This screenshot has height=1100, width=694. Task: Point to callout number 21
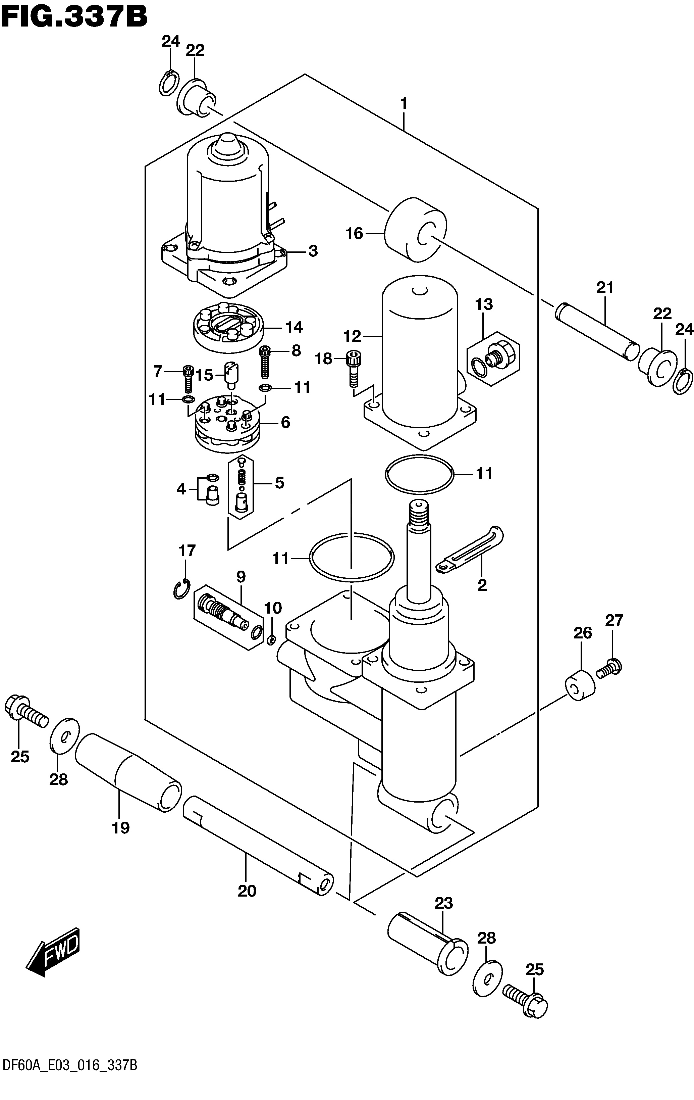pyautogui.click(x=605, y=288)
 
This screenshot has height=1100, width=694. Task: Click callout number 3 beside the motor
pyautogui.click(x=313, y=251)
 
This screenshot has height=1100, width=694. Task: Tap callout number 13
pyautogui.click(x=484, y=304)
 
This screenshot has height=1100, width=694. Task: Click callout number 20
pyautogui.click(x=247, y=891)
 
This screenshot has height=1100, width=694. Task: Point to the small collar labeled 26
pyautogui.click(x=580, y=685)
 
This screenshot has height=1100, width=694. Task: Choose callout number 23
pyautogui.click(x=444, y=903)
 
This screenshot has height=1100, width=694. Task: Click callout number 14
pyautogui.click(x=294, y=327)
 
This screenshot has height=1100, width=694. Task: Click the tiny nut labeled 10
pyautogui.click(x=271, y=639)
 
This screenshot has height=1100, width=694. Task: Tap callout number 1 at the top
pyautogui.click(x=404, y=104)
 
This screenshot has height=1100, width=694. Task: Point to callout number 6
pyautogui.click(x=285, y=423)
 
